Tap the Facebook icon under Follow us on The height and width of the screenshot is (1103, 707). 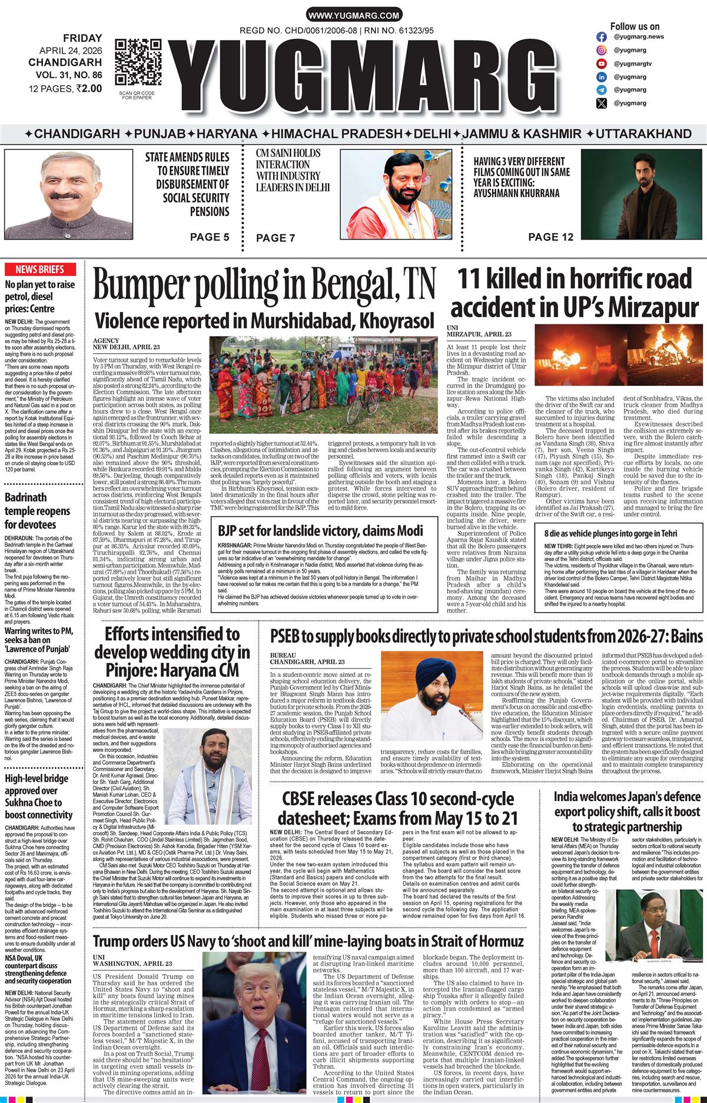click(602, 36)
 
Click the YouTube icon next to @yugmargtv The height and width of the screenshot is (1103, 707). click(602, 64)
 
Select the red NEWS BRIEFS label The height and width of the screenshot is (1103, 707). click(40, 270)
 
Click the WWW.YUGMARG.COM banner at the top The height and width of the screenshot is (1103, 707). click(354, 16)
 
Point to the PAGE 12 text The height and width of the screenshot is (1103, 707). click(551, 237)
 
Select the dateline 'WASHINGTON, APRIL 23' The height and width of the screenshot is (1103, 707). click(132, 964)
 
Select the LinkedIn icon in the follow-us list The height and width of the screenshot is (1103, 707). click(602, 77)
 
